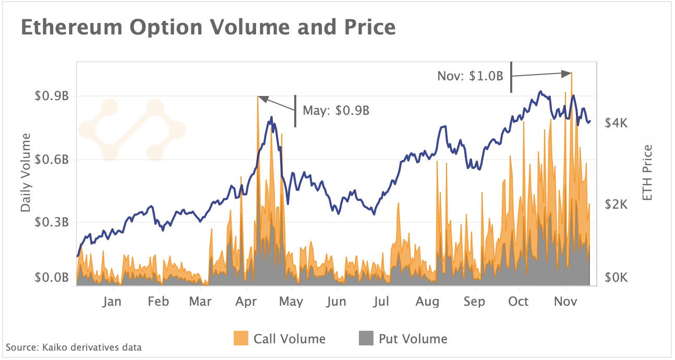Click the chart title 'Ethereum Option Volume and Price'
(208, 27)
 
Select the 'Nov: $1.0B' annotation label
(470, 76)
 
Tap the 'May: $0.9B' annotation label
(336, 111)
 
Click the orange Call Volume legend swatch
(240, 339)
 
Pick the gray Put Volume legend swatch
(367, 339)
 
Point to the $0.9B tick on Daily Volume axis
(51, 97)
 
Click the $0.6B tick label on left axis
(51, 160)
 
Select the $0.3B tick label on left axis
(51, 223)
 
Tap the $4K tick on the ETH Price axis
(616, 123)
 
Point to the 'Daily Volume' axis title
(26, 173)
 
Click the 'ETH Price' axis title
(647, 173)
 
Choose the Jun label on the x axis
(336, 302)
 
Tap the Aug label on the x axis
(428, 302)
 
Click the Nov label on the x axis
(563, 302)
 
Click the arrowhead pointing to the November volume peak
(566, 74)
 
